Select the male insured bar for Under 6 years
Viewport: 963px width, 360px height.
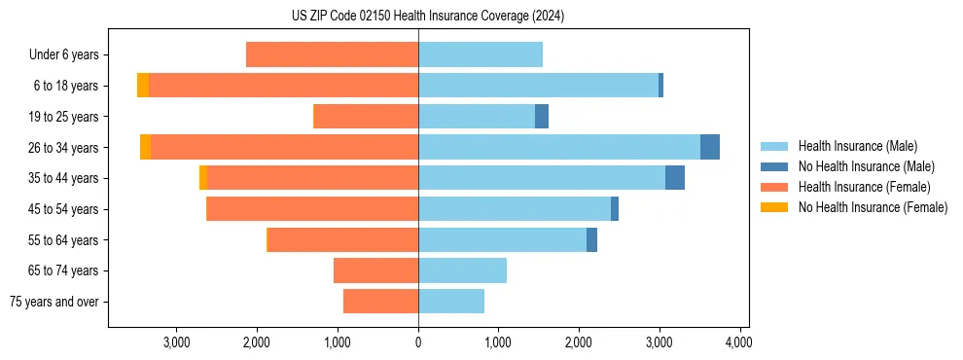[480, 54]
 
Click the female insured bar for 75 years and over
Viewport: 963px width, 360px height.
[380, 302]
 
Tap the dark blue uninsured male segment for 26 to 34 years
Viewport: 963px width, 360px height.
[709, 147]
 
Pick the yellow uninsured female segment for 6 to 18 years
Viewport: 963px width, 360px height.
[143, 86]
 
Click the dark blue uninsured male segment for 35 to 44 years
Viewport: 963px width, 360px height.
[674, 178]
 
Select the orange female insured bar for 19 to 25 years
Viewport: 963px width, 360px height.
[366, 117]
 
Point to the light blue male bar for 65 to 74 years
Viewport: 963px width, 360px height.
[462, 270]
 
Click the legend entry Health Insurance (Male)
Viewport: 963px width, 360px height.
[857, 146]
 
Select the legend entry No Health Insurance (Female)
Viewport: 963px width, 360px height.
[873, 207]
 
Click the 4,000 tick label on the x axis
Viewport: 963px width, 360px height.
[739, 342]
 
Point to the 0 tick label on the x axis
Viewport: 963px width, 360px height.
[418, 342]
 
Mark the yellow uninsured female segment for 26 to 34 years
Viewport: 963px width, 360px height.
[145, 147]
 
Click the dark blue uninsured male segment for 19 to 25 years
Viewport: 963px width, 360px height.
[542, 117]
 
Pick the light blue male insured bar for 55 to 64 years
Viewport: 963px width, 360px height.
[502, 239]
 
